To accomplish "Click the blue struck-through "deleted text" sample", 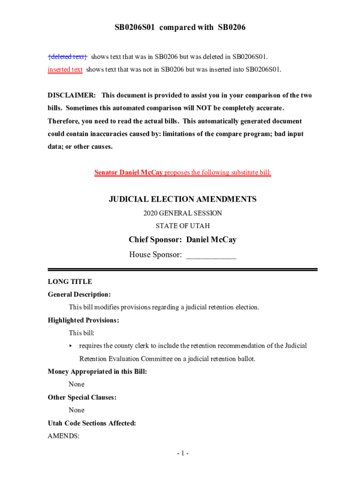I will tap(67, 57).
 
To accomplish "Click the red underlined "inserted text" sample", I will tap(65, 70).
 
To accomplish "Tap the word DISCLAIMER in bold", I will tap(72, 95).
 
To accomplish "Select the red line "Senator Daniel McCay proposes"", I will tap(182, 173).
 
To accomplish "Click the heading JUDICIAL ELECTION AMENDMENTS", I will tap(182, 199).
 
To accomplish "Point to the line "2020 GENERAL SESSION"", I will tap(182, 213).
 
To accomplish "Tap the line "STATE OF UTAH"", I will tap(182, 226).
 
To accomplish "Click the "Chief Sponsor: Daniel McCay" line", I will tap(182, 240).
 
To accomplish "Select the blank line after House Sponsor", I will tap(211, 255).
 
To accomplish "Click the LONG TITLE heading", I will tap(70, 282).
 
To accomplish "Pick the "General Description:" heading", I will tap(79, 295).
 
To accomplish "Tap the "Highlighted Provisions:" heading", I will tap(83, 320).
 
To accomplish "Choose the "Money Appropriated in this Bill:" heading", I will tap(97, 372).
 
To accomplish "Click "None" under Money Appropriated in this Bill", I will tap(77, 385).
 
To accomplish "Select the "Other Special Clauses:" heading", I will tap(82, 398).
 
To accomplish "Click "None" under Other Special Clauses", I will tap(77, 410).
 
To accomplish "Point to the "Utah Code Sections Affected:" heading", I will tap(92, 423).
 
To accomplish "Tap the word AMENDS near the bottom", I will tap(63, 436).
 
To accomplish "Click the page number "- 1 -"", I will tap(182, 453).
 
